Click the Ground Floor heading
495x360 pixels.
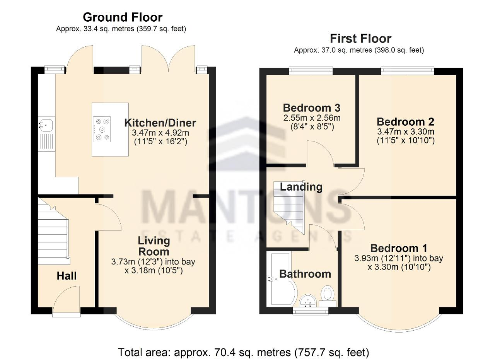123,17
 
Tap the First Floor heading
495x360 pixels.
361,39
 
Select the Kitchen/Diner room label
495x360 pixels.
160,123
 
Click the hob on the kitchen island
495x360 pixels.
102,129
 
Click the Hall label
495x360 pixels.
67,276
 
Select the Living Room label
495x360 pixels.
154,246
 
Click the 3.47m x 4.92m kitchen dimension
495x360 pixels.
160,133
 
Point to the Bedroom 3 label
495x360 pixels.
312,108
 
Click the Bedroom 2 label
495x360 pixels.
406,122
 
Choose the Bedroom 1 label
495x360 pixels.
399,248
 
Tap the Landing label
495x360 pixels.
301,187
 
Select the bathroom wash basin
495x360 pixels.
309,300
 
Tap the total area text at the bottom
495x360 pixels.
244,352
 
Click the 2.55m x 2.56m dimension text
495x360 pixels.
312,118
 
